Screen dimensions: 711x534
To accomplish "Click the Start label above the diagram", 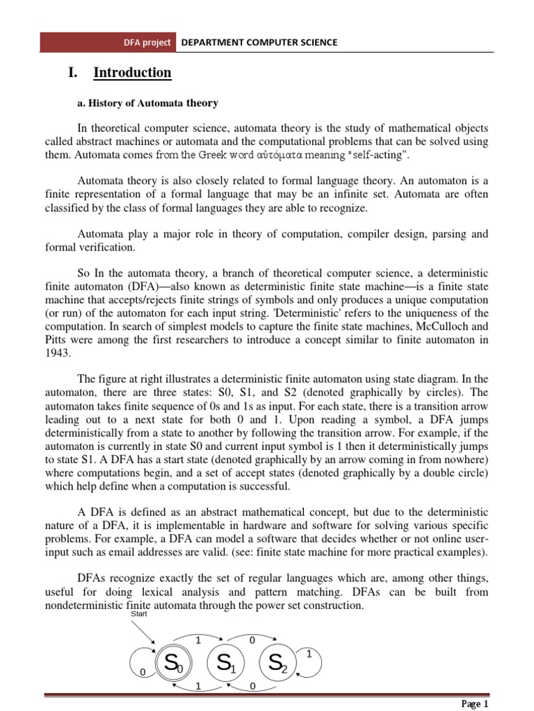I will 140,614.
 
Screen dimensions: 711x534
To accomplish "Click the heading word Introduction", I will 132,73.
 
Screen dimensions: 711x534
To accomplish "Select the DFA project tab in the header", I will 147,42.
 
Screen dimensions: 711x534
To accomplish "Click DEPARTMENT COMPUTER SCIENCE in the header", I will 259,42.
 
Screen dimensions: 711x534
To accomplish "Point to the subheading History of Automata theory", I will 148,103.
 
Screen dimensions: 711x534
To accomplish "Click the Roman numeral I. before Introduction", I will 71,73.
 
